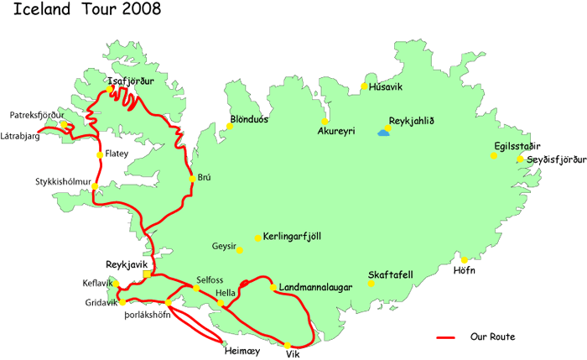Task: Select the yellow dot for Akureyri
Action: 325,121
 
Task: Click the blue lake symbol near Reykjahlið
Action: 382,132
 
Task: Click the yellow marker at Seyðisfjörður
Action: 520,159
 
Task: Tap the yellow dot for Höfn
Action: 464,259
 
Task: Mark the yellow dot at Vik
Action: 287,345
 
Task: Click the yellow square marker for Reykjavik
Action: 147,274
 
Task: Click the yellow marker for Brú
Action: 192,178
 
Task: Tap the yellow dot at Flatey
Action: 100,154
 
